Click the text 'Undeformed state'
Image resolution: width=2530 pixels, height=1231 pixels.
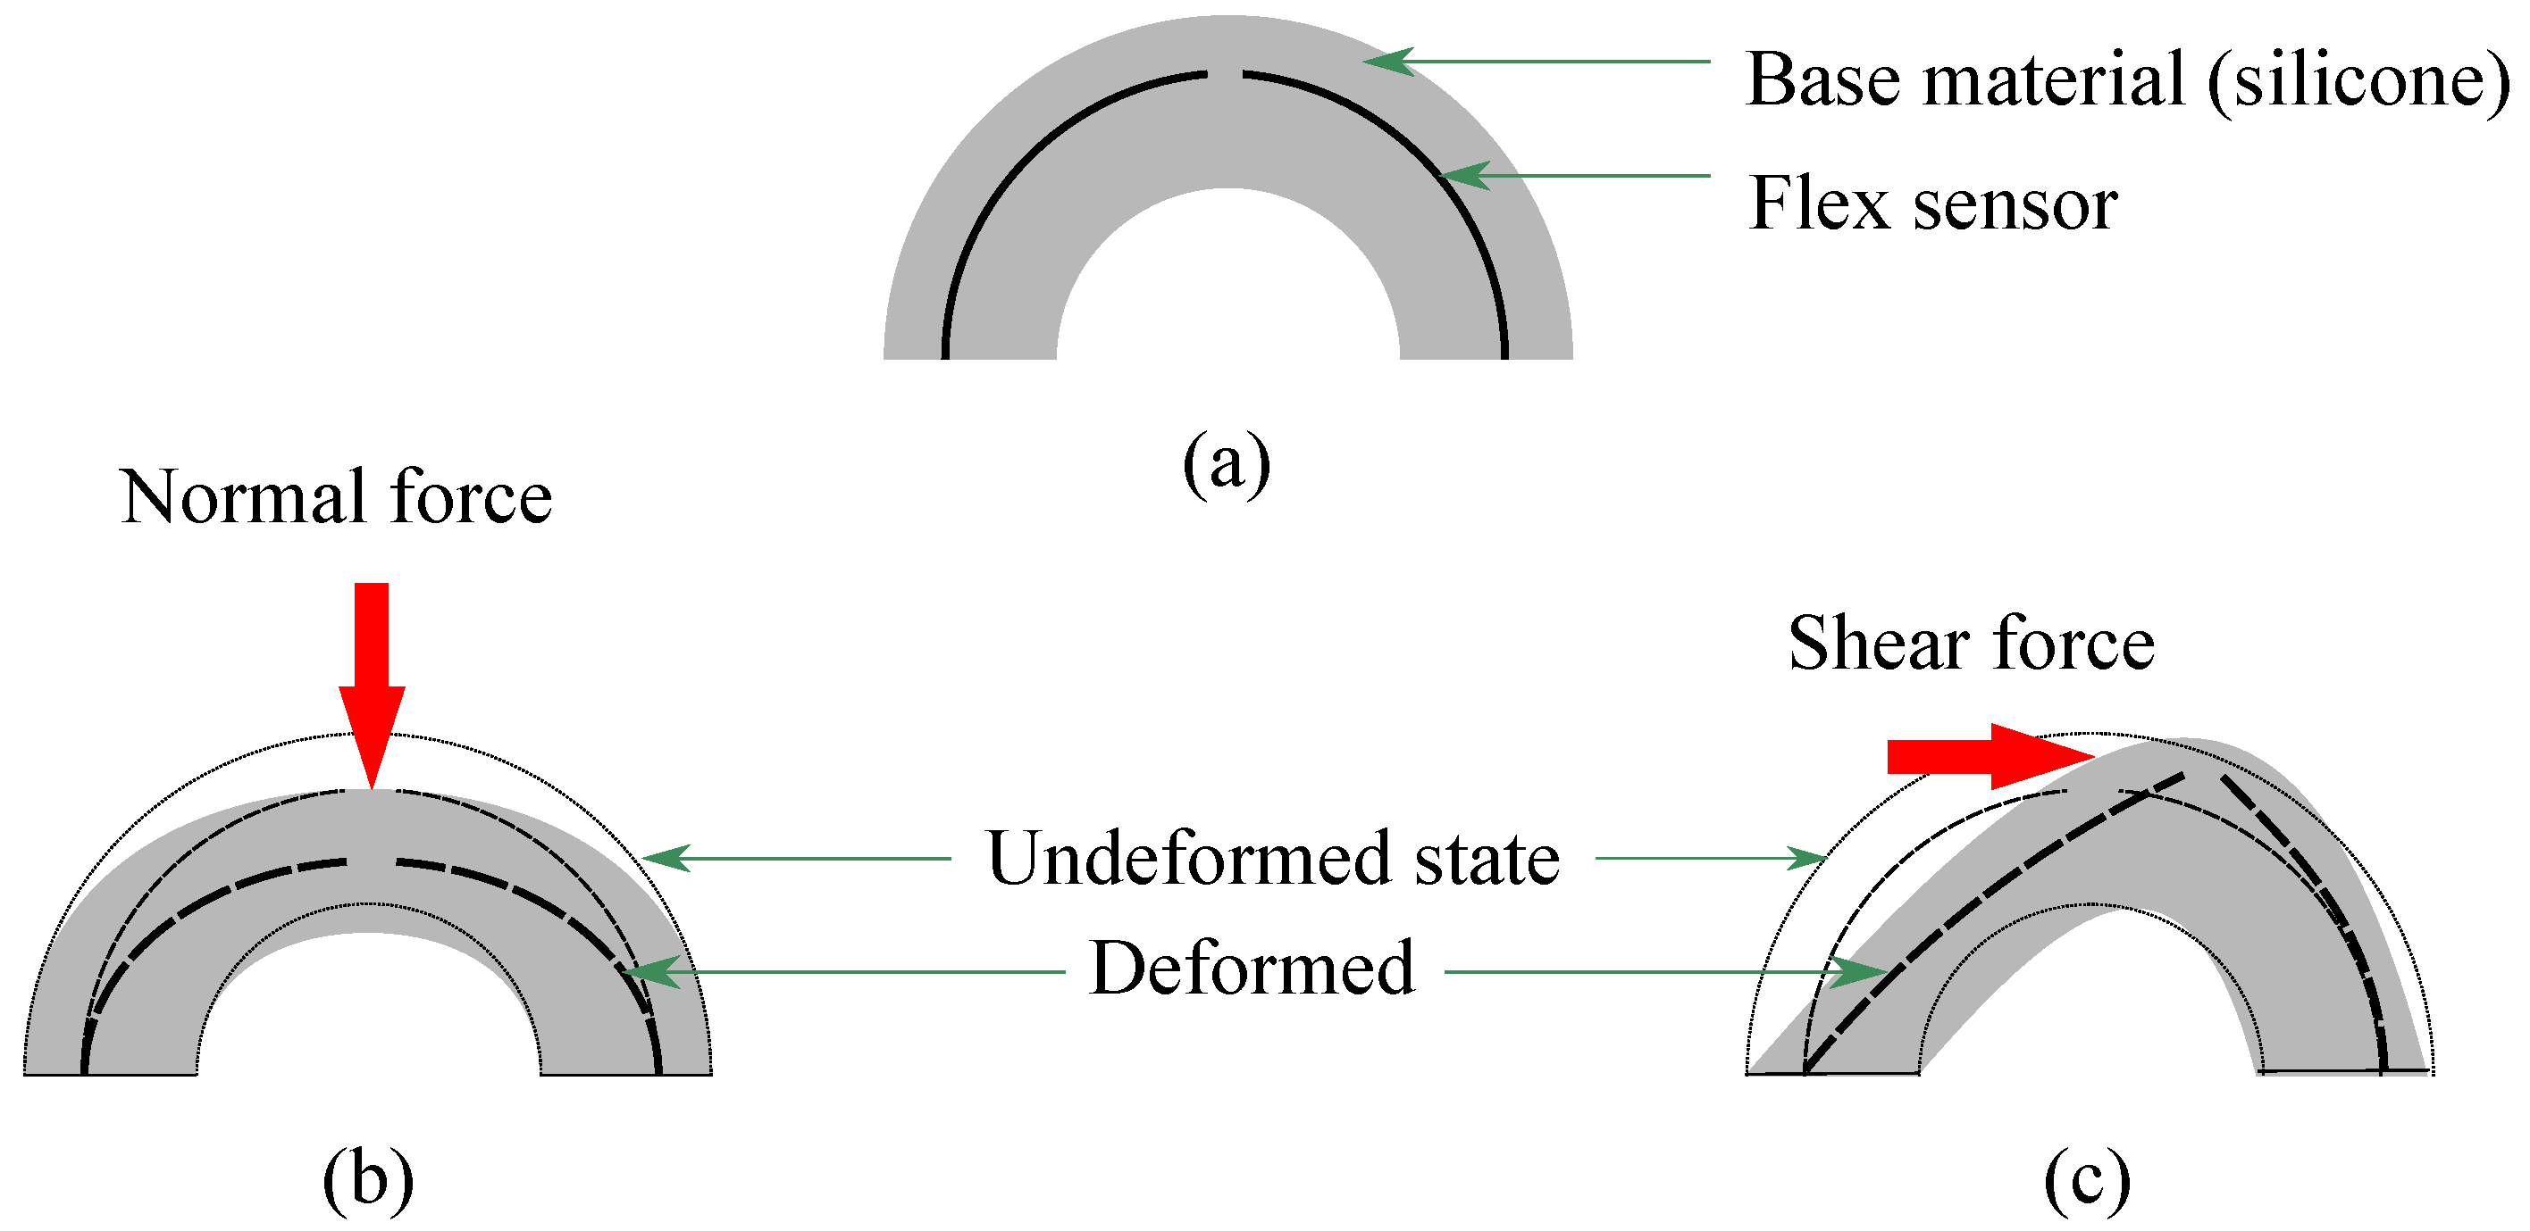[x=1272, y=858]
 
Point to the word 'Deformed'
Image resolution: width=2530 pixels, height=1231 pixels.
[x=1252, y=968]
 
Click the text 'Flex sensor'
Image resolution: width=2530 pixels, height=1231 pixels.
[x=1931, y=204]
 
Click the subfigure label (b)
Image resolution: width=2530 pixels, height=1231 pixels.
[x=368, y=1179]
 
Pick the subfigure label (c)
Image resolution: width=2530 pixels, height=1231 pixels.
[x=2086, y=1179]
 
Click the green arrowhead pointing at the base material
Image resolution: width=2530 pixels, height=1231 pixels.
[x=1386, y=62]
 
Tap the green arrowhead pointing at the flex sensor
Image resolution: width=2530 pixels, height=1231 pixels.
[x=1463, y=176]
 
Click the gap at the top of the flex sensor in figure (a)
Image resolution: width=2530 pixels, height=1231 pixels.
[x=1225, y=73]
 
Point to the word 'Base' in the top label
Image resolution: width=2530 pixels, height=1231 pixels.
[x=1822, y=79]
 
